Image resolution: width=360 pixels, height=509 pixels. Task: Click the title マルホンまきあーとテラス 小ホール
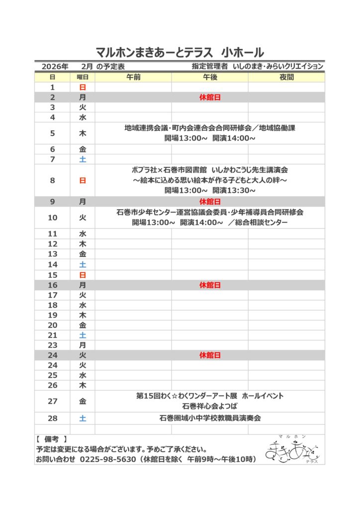click(x=180, y=53)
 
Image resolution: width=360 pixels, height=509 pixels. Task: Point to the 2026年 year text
click(x=55, y=66)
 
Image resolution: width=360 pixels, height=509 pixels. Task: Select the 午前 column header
click(x=133, y=77)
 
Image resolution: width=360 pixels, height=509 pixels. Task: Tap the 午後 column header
click(x=210, y=77)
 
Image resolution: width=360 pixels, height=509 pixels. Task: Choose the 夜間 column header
click(x=286, y=77)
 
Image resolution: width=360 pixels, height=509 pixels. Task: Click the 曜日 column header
click(x=83, y=77)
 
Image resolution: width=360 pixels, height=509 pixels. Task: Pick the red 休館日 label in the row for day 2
click(x=210, y=97)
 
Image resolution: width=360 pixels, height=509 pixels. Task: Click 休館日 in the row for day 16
click(x=210, y=285)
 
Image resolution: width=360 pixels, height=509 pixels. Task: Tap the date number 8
click(x=53, y=180)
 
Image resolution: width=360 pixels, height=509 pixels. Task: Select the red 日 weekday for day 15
click(x=83, y=275)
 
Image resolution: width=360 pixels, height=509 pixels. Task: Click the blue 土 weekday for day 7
click(x=83, y=160)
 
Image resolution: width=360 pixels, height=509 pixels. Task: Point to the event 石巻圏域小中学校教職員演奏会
click(x=210, y=418)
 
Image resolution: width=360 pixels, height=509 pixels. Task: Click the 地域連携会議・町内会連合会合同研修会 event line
click(x=210, y=128)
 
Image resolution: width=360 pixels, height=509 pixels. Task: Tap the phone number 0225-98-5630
click(x=108, y=459)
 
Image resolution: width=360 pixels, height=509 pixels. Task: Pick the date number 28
click(x=53, y=419)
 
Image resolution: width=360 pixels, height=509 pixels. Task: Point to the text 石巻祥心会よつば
click(x=210, y=406)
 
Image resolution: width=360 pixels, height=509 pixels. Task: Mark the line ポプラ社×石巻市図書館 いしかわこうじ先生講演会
click(x=210, y=170)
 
